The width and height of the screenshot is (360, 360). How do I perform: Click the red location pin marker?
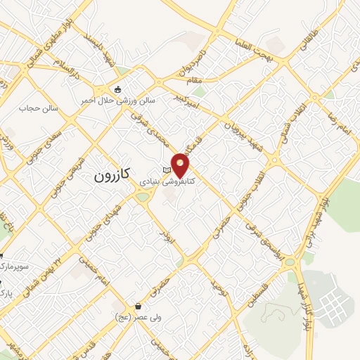click(181, 165)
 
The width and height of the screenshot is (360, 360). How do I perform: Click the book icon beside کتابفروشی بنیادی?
click(167, 171)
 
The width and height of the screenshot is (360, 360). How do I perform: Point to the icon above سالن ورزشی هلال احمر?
click(117, 89)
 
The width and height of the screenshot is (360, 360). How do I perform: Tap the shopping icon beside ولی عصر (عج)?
click(139, 307)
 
